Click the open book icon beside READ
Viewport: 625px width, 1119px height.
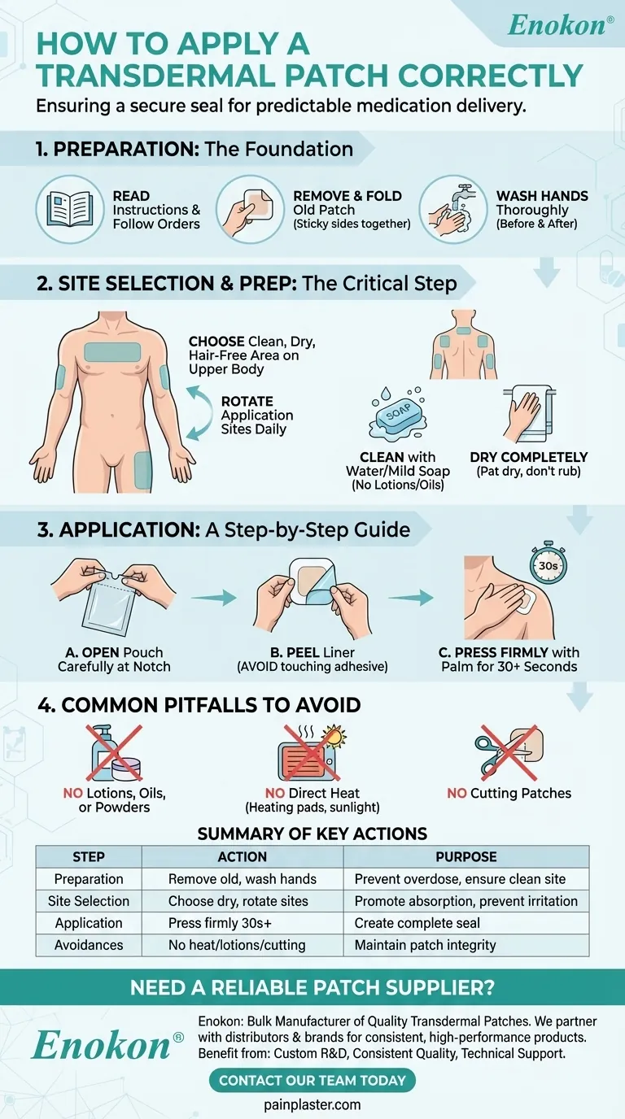tap(69, 209)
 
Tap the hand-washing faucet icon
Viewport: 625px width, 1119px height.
tap(453, 209)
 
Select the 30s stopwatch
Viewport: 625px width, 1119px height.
tap(548, 562)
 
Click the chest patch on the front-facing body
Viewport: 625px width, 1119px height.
tap(112, 352)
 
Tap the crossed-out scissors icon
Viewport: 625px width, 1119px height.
tap(509, 752)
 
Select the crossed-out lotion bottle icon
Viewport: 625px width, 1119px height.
tap(114, 752)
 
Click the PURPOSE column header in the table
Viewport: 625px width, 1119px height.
tap(466, 857)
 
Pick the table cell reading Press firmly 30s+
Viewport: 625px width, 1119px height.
tap(220, 923)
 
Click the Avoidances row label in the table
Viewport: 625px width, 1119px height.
tap(89, 945)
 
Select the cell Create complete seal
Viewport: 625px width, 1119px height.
tap(417, 923)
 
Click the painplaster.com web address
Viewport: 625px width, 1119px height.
tap(312, 1104)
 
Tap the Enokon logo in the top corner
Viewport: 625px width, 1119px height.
tap(561, 25)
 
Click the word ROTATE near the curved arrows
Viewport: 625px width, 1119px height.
tap(247, 401)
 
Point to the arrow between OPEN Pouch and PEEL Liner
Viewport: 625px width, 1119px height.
tap(213, 597)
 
